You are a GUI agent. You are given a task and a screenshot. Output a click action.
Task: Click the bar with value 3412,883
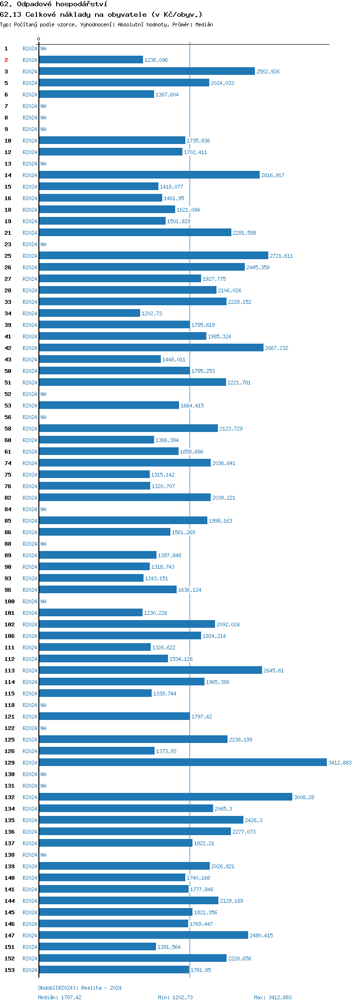[182, 763]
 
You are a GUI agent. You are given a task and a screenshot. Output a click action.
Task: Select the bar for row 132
[166, 797]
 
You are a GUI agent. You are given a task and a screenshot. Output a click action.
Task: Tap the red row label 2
[6, 60]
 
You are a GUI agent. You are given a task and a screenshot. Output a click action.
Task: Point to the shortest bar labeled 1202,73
[89, 313]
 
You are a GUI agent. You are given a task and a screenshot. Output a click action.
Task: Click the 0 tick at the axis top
[39, 39]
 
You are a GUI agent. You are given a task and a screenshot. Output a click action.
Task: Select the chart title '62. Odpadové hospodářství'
[54, 4]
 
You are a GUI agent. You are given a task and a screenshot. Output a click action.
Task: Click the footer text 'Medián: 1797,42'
[60, 997]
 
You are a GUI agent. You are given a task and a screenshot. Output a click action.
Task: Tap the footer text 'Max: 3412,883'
[273, 997]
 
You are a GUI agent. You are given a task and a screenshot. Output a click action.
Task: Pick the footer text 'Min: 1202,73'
[175, 997]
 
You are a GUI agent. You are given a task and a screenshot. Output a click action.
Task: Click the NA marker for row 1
[43, 48]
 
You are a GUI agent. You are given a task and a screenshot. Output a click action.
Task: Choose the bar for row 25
[154, 256]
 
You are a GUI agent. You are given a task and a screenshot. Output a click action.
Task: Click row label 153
[10, 970]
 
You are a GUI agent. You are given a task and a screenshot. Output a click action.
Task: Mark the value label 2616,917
[273, 175]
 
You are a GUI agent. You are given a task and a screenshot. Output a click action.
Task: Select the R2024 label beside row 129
[30, 763]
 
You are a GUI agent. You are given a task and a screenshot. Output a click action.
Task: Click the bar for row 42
[151, 348]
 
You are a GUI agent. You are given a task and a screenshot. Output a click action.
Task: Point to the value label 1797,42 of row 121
[202, 717]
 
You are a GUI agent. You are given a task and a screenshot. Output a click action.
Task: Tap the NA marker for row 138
[43, 855]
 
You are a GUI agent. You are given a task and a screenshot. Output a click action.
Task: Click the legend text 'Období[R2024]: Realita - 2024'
[80, 988]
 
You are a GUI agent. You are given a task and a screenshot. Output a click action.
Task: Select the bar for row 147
[144, 935]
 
